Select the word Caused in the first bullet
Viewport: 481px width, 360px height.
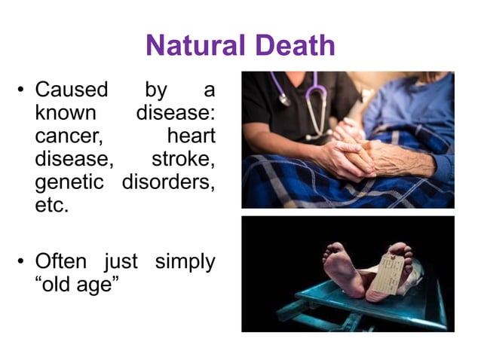(x=72, y=90)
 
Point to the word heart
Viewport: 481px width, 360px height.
(x=191, y=136)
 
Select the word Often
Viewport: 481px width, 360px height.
(x=68, y=262)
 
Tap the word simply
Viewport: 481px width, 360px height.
(x=185, y=263)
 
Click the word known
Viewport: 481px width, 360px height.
(x=66, y=113)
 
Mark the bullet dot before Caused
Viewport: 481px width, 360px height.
(x=22, y=90)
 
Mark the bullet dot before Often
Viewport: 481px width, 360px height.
(x=22, y=263)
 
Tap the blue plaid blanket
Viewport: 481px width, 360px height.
(x=286, y=185)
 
